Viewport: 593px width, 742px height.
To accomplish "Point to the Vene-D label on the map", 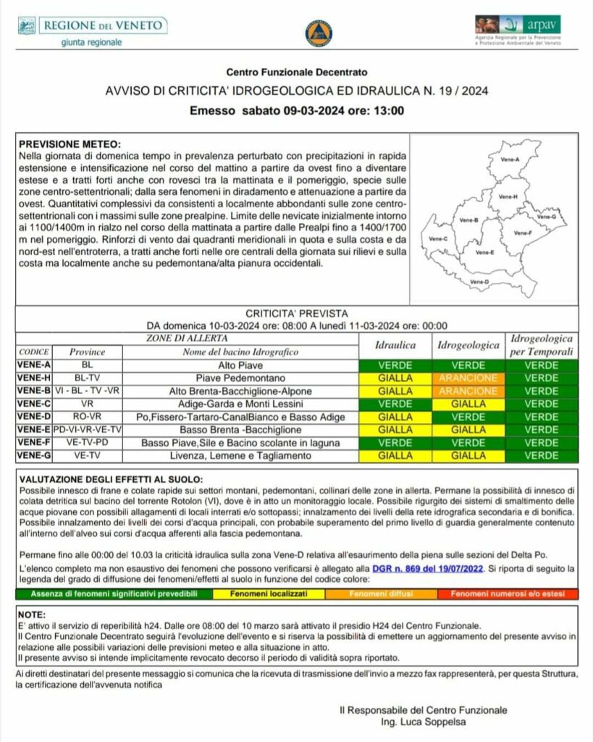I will (x=479, y=281).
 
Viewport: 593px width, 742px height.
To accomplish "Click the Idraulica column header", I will (x=395, y=346).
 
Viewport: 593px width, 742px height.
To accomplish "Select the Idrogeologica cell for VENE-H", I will (x=468, y=378).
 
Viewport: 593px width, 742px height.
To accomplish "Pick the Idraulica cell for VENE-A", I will (x=395, y=365).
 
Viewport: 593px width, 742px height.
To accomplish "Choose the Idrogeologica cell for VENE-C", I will (x=468, y=404).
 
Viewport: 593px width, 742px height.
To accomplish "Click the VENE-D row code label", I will (x=33, y=417).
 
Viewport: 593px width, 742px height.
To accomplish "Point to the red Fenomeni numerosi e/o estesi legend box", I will (x=508, y=593).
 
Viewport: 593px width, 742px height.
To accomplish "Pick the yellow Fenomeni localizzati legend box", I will (x=269, y=593).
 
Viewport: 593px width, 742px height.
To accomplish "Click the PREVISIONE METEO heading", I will (x=70, y=144).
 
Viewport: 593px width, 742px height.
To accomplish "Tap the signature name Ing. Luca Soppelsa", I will (x=423, y=722).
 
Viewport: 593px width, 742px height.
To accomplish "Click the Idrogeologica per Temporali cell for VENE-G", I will (x=542, y=456).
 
